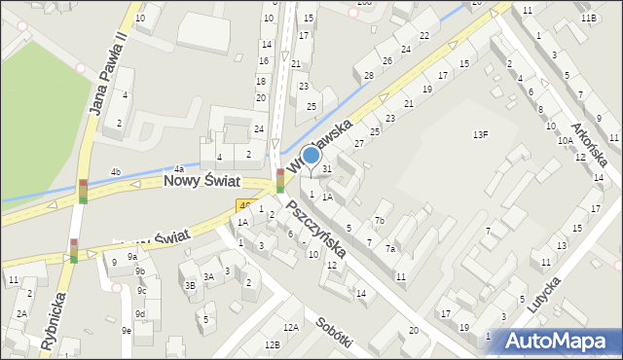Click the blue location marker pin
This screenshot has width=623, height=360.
click(x=311, y=156)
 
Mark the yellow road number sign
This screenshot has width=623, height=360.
click(x=244, y=205)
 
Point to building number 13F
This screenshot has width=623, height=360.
click(x=480, y=134)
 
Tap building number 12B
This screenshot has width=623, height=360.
click(x=273, y=344)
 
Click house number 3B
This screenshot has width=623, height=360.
click(x=190, y=285)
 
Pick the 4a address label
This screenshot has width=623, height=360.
click(x=178, y=169)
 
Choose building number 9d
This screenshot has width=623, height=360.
click(x=140, y=313)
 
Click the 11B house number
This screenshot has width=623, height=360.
click(x=588, y=18)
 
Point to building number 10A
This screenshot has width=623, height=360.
click(x=565, y=141)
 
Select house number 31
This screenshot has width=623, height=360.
click(x=328, y=169)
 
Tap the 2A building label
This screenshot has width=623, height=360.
click(x=20, y=313)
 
